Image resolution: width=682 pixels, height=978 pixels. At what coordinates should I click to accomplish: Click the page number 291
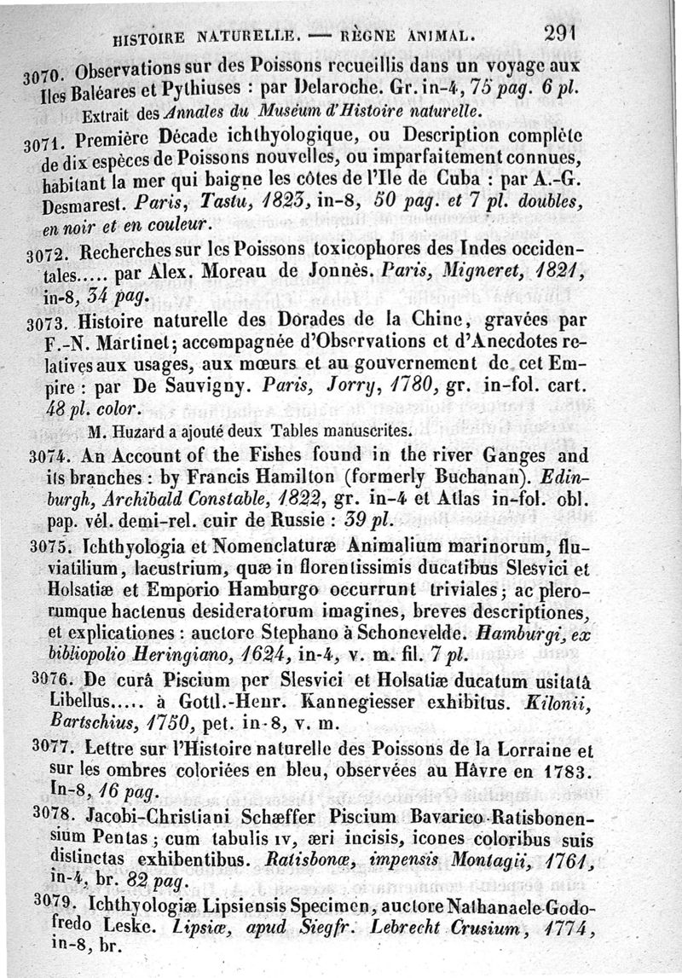(560, 34)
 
